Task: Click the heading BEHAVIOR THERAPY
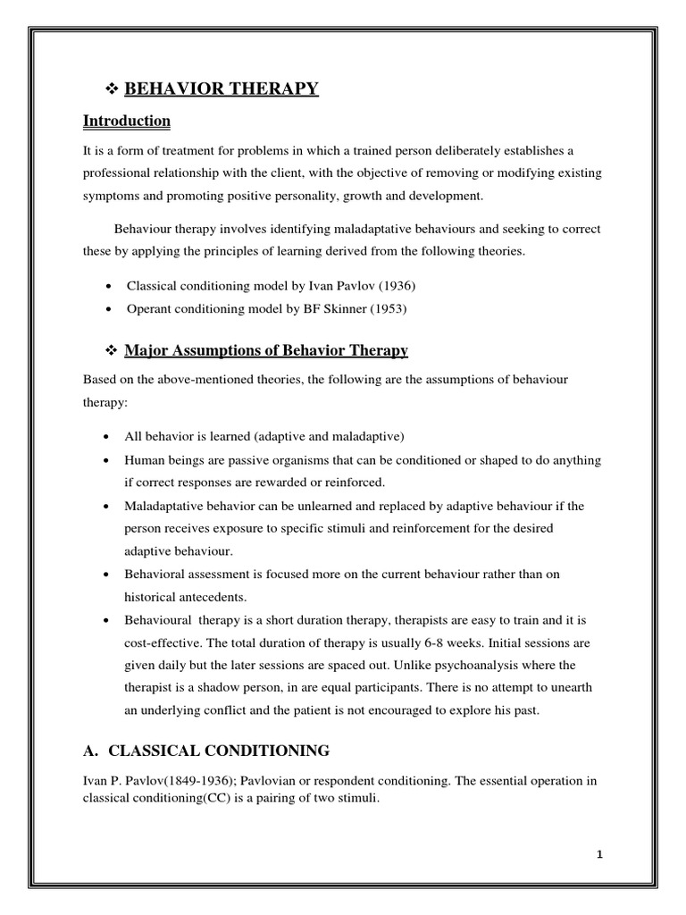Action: coord(221,88)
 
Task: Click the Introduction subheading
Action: coord(127,121)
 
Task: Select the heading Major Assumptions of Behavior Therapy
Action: coord(265,349)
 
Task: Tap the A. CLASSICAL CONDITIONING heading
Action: coord(206,750)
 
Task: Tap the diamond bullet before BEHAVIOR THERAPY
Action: coord(112,88)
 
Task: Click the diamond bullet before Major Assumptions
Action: coord(112,350)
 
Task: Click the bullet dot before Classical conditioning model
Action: coord(108,287)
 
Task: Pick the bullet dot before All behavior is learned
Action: coord(108,437)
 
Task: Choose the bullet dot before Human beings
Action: coord(108,460)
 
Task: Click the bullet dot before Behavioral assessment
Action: coord(108,574)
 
